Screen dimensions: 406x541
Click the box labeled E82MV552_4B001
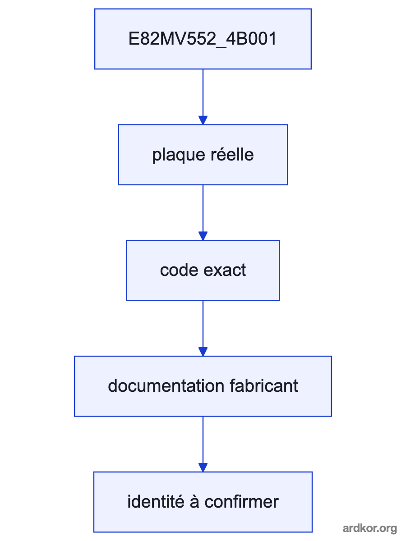click(203, 39)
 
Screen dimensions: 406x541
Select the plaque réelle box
click(203, 155)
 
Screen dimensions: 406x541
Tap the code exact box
click(203, 270)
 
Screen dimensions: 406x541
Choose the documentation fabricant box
click(203, 386)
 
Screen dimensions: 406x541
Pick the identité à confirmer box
click(203, 502)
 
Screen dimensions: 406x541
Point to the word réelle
click(232, 155)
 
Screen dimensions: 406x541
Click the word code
click(179, 270)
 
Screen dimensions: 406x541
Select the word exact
click(225, 270)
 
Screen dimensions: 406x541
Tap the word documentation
click(166, 386)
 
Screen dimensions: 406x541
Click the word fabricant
click(264, 386)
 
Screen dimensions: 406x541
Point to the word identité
click(156, 502)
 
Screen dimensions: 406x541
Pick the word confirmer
click(242, 502)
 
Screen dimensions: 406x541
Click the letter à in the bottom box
click(194, 502)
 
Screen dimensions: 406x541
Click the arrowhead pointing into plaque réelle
click(203, 120)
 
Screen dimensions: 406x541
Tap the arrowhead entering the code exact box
click(203, 236)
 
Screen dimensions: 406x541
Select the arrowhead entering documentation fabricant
click(203, 352)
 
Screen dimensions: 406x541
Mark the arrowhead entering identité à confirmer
click(203, 468)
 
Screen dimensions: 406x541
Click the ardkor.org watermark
click(370, 528)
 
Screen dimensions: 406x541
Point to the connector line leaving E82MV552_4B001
click(203, 93)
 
